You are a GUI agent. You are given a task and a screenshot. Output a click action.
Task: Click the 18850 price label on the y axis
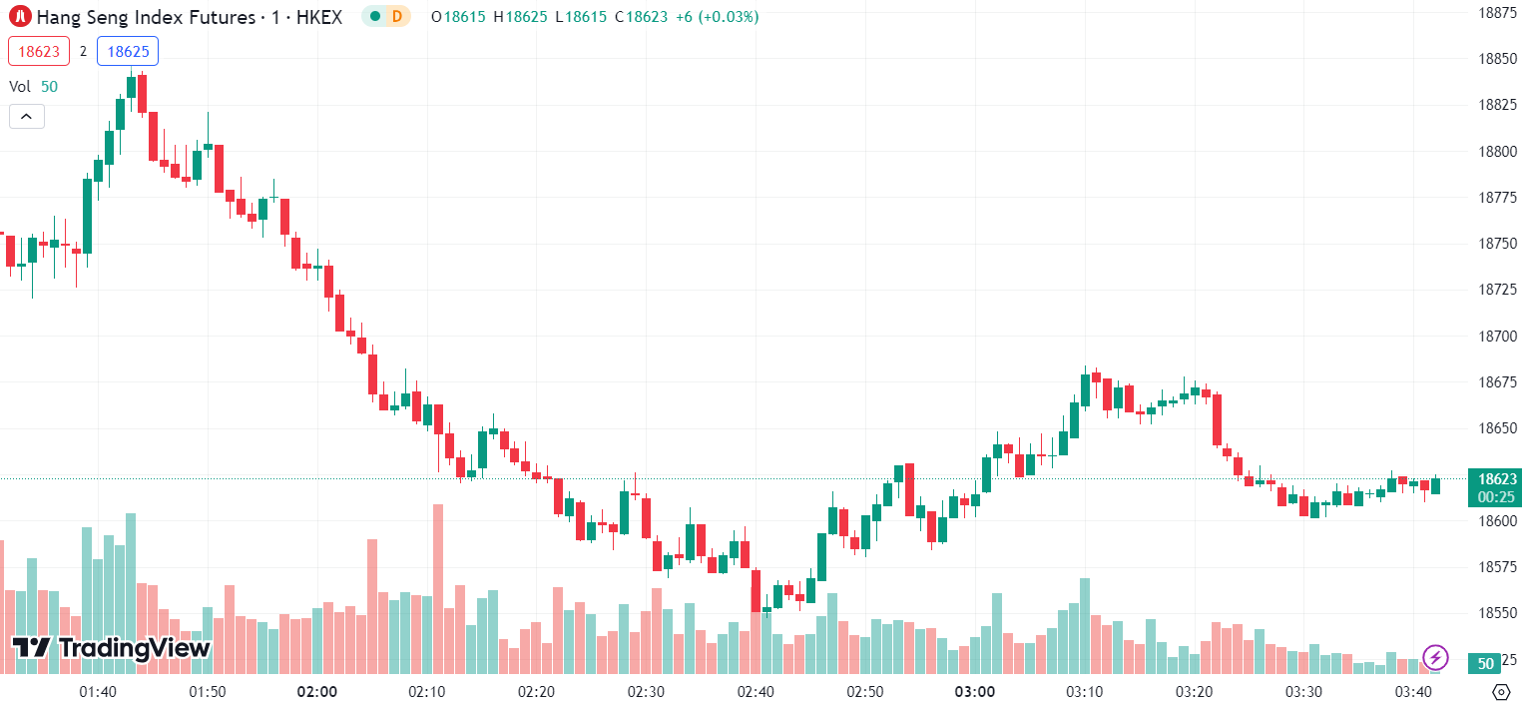tap(1498, 59)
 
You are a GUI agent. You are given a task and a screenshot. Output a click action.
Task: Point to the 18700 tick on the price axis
tap(1498, 337)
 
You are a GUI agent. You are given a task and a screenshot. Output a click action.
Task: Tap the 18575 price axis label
tap(1498, 566)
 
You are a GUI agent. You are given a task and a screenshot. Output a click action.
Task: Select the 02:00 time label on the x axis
tap(317, 692)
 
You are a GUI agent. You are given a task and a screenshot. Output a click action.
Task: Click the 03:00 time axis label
tap(975, 692)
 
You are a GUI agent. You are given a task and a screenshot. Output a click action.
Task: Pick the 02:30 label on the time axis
tap(646, 692)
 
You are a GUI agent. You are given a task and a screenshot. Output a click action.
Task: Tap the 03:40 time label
tap(1413, 692)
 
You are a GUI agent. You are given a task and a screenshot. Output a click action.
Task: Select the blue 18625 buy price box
tap(127, 51)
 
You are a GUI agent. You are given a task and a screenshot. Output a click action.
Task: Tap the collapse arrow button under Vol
tap(26, 117)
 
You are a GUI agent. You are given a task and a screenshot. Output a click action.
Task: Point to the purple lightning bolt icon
tap(1435, 657)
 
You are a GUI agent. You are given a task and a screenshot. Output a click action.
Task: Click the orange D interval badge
tap(397, 16)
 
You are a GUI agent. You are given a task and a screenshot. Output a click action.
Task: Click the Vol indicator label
tap(20, 87)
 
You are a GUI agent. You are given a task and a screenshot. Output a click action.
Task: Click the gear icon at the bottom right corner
tap(1501, 691)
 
